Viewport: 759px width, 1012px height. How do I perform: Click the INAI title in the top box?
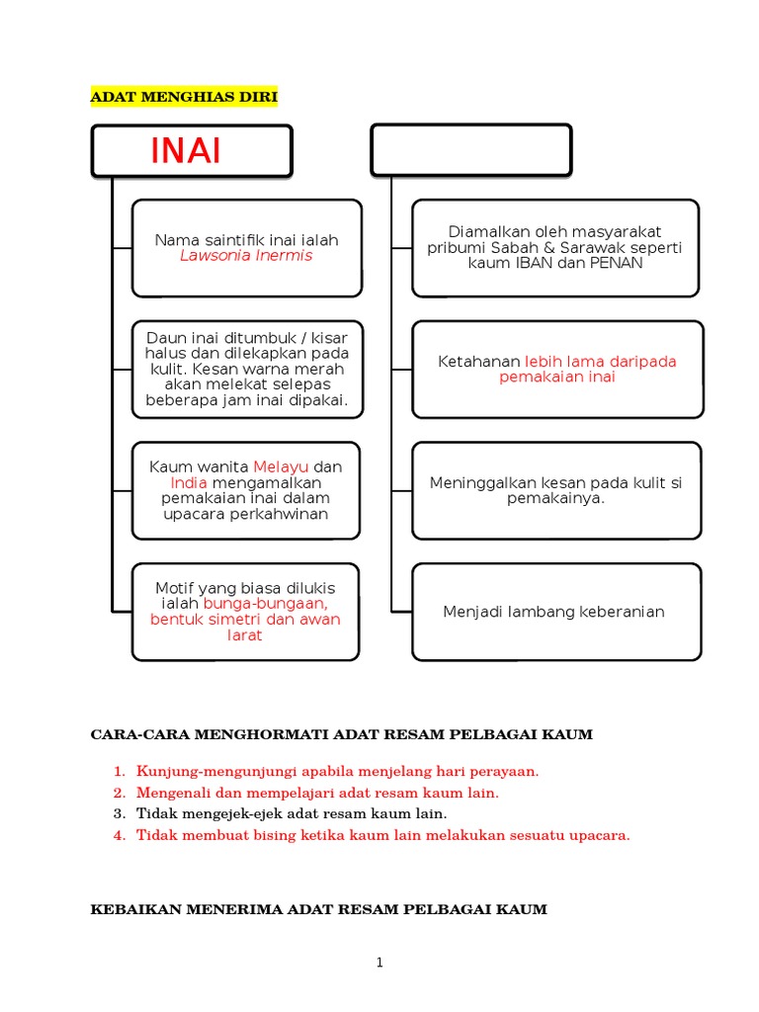click(186, 151)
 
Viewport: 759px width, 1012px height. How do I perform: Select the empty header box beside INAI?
click(470, 150)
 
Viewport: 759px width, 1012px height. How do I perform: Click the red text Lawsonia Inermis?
click(246, 256)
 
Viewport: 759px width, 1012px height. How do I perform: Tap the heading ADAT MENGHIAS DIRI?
click(185, 97)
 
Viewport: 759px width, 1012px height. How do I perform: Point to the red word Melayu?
click(281, 466)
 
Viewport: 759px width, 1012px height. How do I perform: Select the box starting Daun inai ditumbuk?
click(247, 370)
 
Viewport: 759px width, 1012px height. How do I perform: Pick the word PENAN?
click(615, 264)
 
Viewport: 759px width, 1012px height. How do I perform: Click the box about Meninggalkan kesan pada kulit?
click(555, 490)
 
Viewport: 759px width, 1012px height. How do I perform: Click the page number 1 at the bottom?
click(379, 965)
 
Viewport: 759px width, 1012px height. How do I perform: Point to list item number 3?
click(119, 813)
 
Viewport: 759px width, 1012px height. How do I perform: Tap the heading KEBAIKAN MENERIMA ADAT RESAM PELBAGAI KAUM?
click(318, 909)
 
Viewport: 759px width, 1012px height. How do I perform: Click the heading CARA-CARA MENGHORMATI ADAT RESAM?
click(341, 734)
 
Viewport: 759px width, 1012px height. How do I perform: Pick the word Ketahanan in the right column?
click(479, 362)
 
